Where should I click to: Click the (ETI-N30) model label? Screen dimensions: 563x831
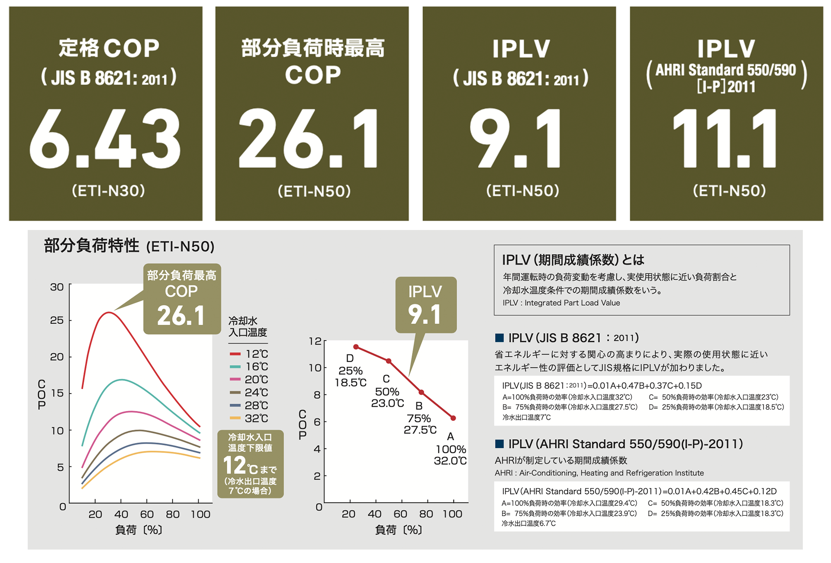108,191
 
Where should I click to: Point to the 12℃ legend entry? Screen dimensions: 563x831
249,354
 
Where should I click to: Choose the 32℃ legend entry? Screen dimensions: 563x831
249,418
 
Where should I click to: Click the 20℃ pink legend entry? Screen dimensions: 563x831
249,379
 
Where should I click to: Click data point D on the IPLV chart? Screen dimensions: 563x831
356,347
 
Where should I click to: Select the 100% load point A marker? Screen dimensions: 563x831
453,418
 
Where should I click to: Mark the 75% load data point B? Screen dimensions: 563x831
421,392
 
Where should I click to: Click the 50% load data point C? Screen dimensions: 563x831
389,361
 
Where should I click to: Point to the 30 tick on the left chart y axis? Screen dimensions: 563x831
57,287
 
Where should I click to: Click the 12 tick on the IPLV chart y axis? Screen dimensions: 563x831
315,341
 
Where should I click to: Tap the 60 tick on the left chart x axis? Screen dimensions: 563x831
147,514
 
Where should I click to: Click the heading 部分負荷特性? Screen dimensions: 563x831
91,246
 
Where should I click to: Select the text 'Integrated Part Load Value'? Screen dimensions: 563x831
572,303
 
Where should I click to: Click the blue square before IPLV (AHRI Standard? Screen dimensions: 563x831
499,443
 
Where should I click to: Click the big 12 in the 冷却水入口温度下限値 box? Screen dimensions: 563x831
234,466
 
